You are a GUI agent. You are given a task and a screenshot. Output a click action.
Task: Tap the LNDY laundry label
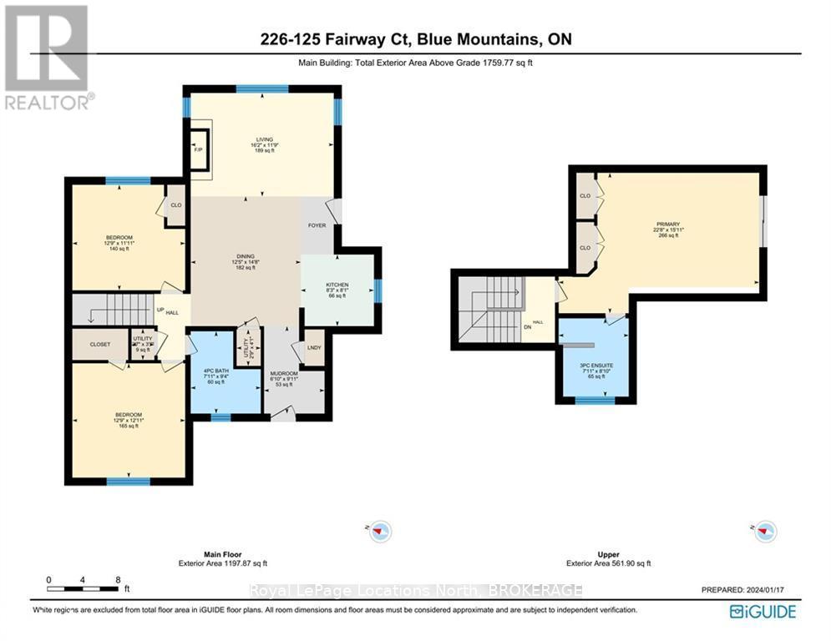(x=314, y=348)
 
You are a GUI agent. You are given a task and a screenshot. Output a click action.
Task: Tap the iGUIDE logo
(x=762, y=612)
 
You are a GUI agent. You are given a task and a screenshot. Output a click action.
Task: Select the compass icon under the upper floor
(x=765, y=530)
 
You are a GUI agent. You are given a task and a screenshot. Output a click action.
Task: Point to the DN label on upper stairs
(x=527, y=328)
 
